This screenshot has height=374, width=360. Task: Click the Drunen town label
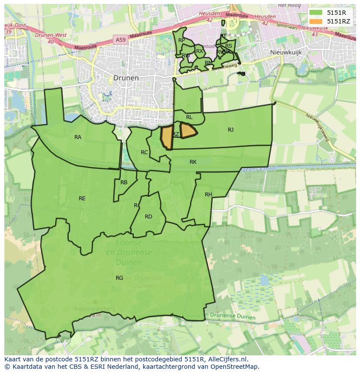tap(126, 78)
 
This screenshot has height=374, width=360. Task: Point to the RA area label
tap(78, 137)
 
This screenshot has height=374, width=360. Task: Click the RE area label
tap(82, 199)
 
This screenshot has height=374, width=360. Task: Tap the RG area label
tap(119, 278)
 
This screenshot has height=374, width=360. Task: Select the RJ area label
tap(230, 130)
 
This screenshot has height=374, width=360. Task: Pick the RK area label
tap(193, 162)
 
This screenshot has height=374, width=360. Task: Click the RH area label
tap(208, 195)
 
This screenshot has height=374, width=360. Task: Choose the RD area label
tap(148, 217)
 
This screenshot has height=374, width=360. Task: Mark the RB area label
tap(124, 182)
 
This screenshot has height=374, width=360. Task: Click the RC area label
tap(144, 152)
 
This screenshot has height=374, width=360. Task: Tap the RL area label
tap(189, 117)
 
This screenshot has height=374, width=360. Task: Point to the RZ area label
tap(176, 134)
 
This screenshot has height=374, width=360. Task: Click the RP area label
tap(182, 40)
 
